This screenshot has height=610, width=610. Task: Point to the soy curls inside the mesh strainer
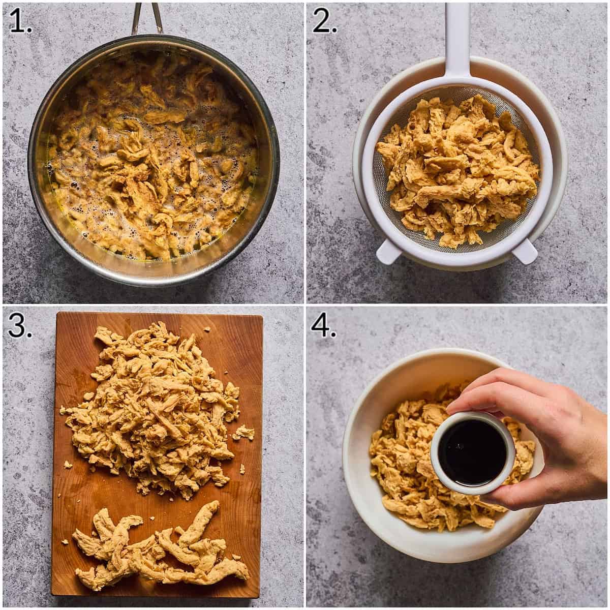(457, 173)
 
